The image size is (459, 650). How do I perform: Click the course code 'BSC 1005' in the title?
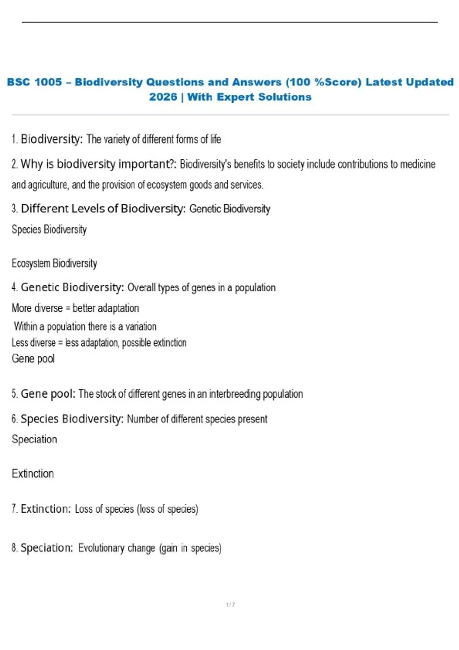(x=34, y=82)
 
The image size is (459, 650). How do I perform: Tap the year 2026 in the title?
(x=163, y=97)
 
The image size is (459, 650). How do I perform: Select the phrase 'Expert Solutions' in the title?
(x=264, y=97)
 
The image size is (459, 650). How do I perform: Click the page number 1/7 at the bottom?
(x=230, y=604)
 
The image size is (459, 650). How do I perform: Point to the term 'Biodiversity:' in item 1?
(x=52, y=139)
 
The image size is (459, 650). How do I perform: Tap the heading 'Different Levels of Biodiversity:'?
(x=103, y=209)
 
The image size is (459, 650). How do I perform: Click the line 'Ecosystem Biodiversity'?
(x=54, y=263)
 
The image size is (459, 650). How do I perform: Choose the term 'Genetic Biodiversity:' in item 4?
(x=72, y=287)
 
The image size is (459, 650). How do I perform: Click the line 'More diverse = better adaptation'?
(x=75, y=308)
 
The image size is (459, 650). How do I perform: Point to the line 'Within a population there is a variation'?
(x=85, y=327)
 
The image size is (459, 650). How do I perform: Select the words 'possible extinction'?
(x=154, y=343)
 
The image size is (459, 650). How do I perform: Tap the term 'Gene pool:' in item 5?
(x=48, y=393)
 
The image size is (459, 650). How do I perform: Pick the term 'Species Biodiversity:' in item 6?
(x=72, y=419)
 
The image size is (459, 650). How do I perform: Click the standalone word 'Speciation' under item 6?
(x=34, y=439)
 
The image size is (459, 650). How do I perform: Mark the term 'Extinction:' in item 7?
(x=46, y=509)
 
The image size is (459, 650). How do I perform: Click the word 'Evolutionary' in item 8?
(x=101, y=548)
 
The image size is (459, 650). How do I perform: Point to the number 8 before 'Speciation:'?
(x=14, y=548)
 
